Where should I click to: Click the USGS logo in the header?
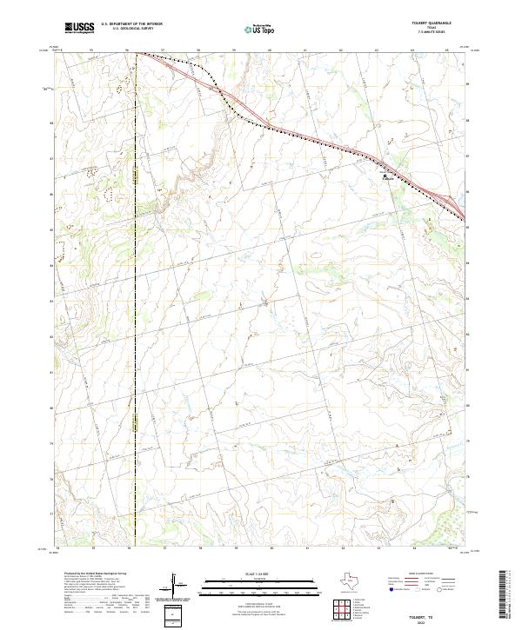77,28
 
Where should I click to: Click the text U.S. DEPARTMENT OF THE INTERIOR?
131,24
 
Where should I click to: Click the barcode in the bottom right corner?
505,596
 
